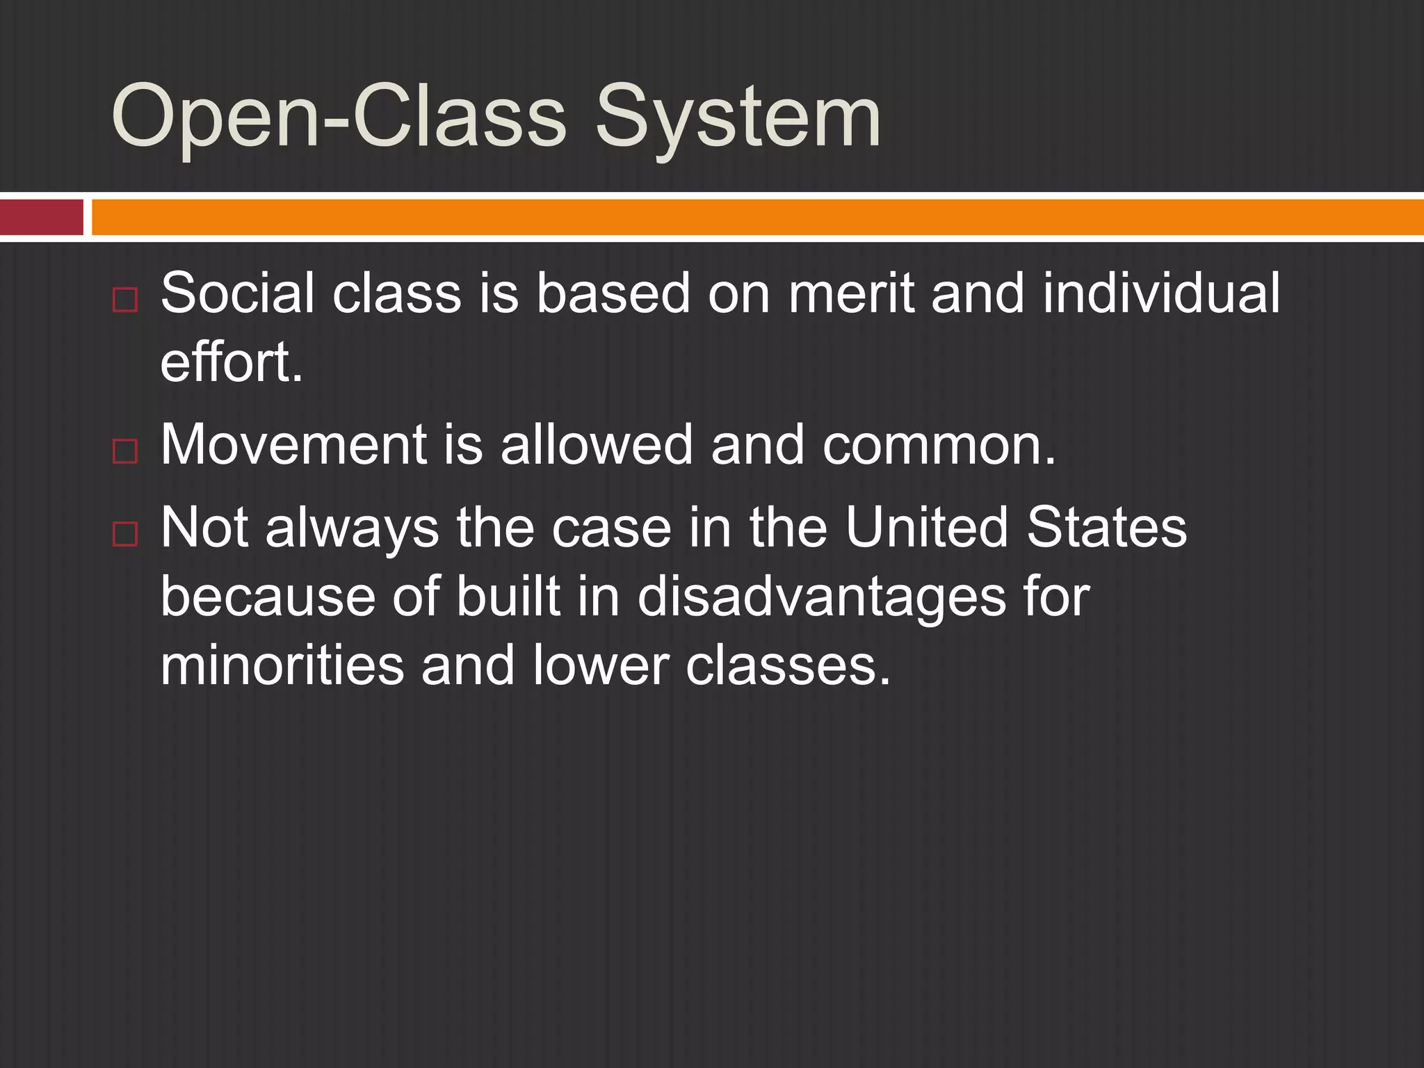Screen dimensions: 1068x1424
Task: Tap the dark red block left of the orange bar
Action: (x=41, y=217)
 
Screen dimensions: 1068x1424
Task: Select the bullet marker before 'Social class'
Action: (x=125, y=300)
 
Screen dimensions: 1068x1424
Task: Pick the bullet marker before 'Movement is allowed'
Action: (x=125, y=451)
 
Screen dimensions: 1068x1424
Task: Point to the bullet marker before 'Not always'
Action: (x=125, y=534)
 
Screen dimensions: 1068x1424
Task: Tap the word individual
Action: (x=1160, y=293)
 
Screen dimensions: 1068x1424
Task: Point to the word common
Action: (x=939, y=444)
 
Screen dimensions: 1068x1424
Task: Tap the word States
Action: (x=1106, y=527)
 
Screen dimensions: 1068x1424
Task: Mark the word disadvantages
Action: (x=821, y=597)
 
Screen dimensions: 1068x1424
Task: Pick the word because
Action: (x=268, y=597)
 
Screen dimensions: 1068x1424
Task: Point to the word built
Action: (x=508, y=597)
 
